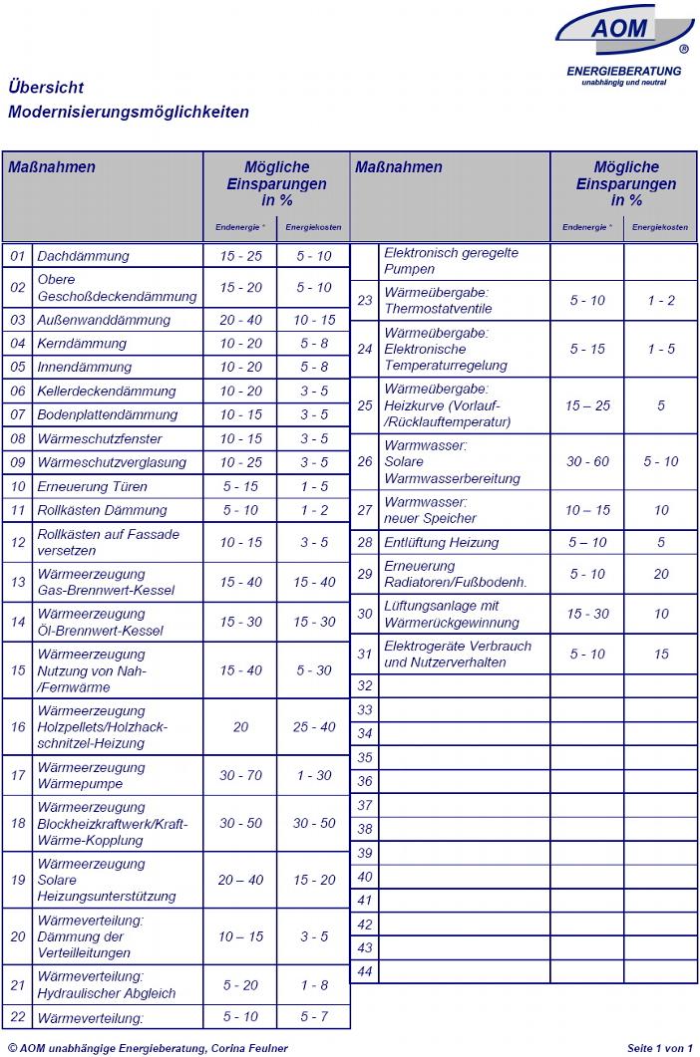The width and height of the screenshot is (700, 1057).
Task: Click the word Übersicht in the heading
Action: point(45,88)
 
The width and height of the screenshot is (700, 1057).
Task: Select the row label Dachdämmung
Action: point(83,256)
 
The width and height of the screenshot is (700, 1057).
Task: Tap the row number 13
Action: point(17,582)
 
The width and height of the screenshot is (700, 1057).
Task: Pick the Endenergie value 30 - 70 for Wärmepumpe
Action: point(240,775)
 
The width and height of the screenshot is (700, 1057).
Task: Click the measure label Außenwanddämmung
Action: point(104,320)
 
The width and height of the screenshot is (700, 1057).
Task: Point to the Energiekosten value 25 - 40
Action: point(314,727)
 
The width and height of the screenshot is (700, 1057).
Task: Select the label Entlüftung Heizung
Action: point(441,542)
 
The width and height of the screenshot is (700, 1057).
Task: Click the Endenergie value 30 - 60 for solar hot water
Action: point(587,461)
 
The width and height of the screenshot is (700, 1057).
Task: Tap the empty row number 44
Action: point(365,971)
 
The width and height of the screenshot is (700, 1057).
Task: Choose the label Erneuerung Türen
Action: point(92,486)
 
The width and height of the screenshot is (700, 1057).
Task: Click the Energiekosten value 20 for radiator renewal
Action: point(661,574)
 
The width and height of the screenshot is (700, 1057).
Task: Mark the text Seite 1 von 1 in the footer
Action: point(659,1048)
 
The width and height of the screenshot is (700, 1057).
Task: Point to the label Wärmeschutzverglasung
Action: point(111,462)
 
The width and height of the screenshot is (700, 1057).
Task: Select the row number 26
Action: point(365,461)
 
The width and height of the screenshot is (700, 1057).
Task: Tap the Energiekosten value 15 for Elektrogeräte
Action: point(661,654)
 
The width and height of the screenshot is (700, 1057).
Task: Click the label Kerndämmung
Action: point(82,344)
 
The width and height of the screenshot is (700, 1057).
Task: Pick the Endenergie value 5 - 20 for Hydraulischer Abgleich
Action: point(240,985)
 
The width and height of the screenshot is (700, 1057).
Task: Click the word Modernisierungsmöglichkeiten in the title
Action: point(128,112)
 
